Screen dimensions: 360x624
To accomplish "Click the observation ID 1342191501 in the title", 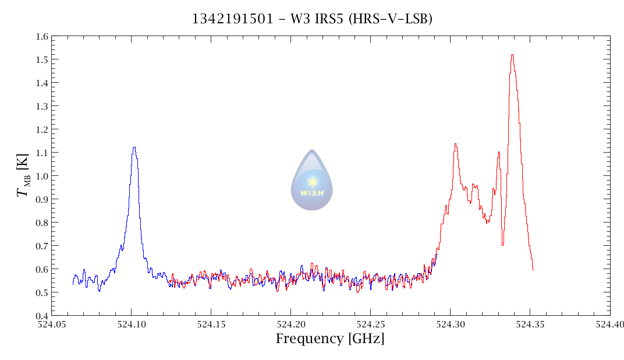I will [x=232, y=19].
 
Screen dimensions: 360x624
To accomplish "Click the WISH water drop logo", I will [x=312, y=180].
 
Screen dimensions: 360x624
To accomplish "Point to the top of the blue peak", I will [x=134, y=148].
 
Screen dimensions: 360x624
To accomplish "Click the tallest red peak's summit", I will [x=512, y=55].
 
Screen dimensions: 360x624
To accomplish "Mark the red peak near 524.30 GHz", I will [x=455, y=144].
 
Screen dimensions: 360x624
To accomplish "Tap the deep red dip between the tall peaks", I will [x=502, y=244].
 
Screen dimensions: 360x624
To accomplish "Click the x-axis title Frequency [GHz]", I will [x=330, y=338].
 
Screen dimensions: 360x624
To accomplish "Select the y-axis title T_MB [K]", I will [x=23, y=175].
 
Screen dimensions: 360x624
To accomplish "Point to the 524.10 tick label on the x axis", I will [x=131, y=323].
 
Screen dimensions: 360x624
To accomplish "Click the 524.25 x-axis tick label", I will [x=370, y=323].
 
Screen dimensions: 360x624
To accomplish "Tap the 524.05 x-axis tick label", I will [x=51, y=323].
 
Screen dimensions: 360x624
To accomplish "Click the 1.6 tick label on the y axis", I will [x=41, y=36].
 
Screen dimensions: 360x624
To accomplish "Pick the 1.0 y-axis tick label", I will [x=41, y=176].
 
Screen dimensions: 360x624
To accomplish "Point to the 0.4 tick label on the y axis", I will [x=41, y=316].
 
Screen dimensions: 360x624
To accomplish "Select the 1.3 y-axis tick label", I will [x=41, y=106].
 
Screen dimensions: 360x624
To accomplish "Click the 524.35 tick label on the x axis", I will [x=530, y=323].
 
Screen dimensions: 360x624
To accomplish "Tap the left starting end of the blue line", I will [x=73, y=283].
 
